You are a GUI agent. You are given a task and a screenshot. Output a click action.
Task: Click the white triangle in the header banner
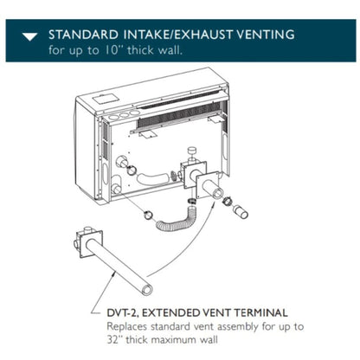(30, 37)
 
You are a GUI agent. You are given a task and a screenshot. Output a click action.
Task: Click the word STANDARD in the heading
(83, 35)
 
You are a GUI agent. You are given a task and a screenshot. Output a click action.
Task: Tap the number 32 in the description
(112, 339)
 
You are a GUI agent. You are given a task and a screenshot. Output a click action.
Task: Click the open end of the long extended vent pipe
(147, 289)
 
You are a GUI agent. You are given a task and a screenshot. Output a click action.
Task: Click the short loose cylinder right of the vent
(241, 212)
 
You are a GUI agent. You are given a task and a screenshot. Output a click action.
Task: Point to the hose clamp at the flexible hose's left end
(149, 215)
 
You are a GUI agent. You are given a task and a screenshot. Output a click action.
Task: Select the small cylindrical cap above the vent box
(191, 151)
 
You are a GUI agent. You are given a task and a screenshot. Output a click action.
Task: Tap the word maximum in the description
(175, 339)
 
